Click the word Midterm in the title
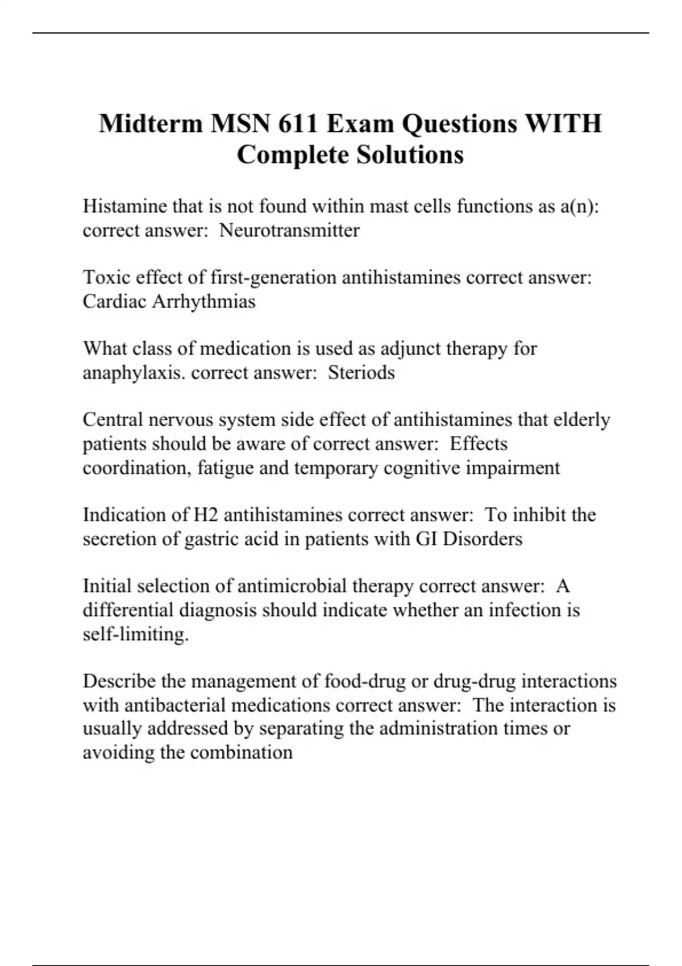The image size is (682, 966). [x=150, y=123]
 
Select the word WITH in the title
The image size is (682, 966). [x=563, y=123]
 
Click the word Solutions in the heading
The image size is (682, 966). [x=410, y=155]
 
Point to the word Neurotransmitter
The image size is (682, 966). [x=289, y=230]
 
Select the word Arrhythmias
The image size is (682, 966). [x=203, y=301]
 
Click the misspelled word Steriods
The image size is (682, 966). [x=361, y=373]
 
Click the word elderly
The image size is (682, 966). [x=582, y=419]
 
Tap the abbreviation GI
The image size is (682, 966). [x=427, y=539]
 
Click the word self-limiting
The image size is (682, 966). [x=136, y=634]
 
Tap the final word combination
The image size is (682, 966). [x=241, y=752]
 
